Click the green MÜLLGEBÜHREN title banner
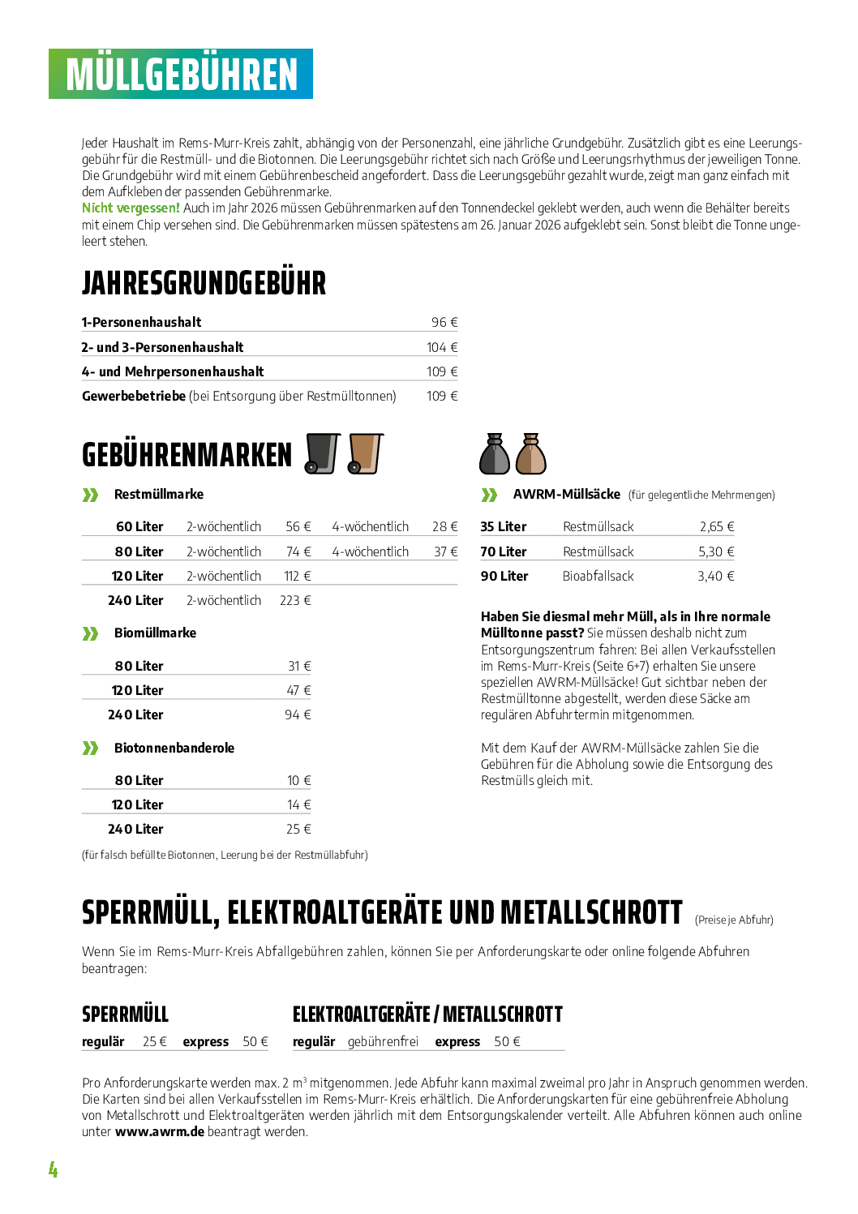coord(181,75)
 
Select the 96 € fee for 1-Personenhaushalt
coord(444,323)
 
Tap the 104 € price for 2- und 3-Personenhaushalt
coord(442,347)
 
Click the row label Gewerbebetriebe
coord(134,396)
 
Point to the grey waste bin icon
coord(322,453)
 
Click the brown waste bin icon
coord(365,453)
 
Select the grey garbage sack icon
coord(495,454)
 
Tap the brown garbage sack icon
coord(531,454)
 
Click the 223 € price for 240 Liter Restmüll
coord(295,601)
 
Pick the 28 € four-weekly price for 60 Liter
coord(444,527)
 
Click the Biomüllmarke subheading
coord(155,633)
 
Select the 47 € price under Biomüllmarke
coord(298,691)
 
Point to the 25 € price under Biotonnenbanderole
coord(298,830)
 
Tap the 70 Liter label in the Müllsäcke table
coord(504,552)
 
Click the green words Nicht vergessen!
coord(131,208)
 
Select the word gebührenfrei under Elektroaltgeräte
coord(383,1042)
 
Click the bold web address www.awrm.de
coord(159,1132)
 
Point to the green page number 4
coord(54,1169)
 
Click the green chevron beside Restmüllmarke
coord(90,495)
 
